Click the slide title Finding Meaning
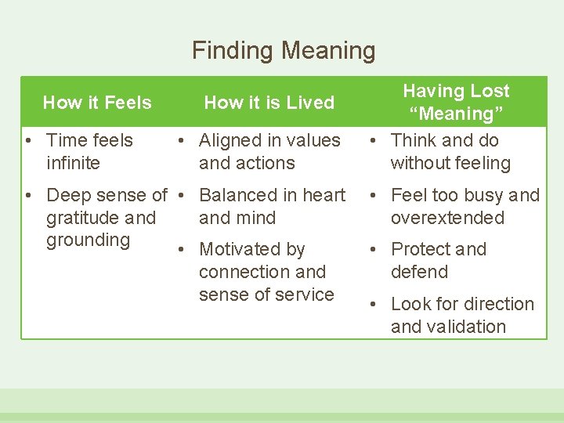pos(284,51)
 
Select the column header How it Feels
pos(97,103)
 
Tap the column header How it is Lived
pos(269,103)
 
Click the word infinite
pos(74,163)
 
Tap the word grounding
pos(88,240)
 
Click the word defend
pos(419,272)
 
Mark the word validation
pos(468,327)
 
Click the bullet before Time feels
pos(27,141)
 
